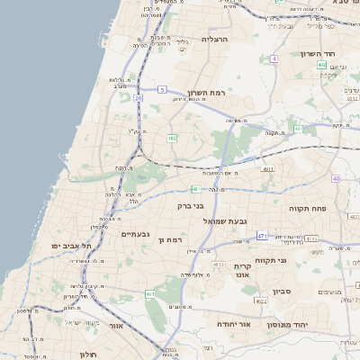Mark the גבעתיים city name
(135, 234)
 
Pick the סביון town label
(283, 292)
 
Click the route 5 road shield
(162, 89)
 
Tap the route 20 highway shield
(139, 97)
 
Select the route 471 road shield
(262, 236)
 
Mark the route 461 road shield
(150, 294)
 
